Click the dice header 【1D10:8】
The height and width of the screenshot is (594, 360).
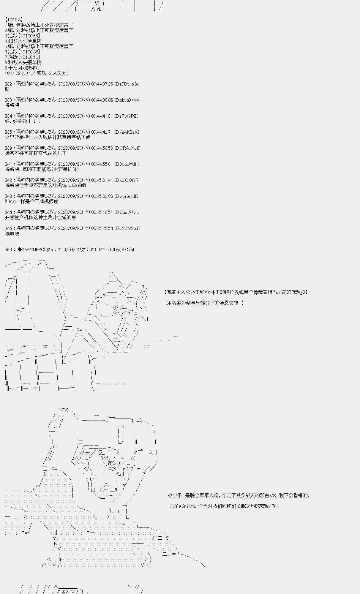pyautogui.click(x=14, y=20)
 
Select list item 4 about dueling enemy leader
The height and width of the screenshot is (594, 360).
pyautogui.click(x=23, y=41)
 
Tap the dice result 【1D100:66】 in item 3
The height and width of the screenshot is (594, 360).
pyautogui.click(x=29, y=36)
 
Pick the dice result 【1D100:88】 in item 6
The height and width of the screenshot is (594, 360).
pyautogui.click(x=29, y=52)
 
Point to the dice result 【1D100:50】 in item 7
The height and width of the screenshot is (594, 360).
pyautogui.click(x=29, y=57)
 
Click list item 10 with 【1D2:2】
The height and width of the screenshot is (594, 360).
pyautogui.click(x=37, y=73)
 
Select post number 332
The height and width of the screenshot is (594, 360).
pyautogui.click(x=8, y=84)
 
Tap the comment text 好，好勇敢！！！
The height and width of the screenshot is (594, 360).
pyautogui.click(x=23, y=121)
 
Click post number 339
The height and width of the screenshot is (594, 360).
pyautogui.click(x=8, y=148)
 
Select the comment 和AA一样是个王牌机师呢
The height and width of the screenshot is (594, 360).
pyautogui.click(x=31, y=201)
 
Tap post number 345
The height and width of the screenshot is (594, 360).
pyautogui.click(x=8, y=228)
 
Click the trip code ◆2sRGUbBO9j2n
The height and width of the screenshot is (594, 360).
pyautogui.click(x=35, y=250)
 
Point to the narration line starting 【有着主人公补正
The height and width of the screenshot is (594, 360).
pyautogui.click(x=236, y=292)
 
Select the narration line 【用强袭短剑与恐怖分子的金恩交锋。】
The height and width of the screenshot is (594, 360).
pyautogui.click(x=204, y=303)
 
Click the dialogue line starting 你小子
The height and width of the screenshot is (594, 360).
pyautogui.click(x=239, y=495)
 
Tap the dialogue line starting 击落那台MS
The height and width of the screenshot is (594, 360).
pyautogui.click(x=225, y=506)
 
